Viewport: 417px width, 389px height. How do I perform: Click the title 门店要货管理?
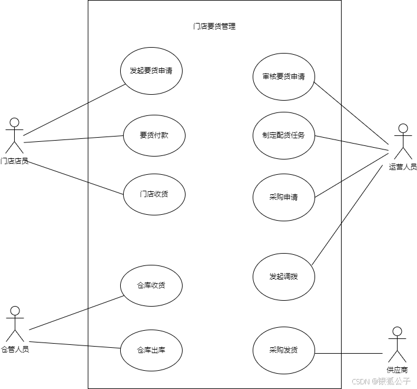pyautogui.click(x=214, y=26)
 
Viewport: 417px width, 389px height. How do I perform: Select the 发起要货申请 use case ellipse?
pyautogui.click(x=151, y=71)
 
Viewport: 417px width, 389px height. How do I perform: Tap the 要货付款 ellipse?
pyautogui.click(x=154, y=135)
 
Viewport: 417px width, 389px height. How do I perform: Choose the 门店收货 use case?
pyautogui.click(x=154, y=194)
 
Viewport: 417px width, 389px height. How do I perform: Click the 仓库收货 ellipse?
pyautogui.click(x=151, y=286)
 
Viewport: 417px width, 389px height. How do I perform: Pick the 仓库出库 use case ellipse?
pyautogui.click(x=151, y=350)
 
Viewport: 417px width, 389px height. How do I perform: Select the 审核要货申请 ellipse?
pyautogui.click(x=284, y=77)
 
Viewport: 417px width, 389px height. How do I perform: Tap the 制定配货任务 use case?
pyautogui.click(x=284, y=135)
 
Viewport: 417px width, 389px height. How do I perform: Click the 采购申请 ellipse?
pyautogui.click(x=284, y=197)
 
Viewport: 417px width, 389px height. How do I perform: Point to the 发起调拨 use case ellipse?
pyautogui.click(x=284, y=277)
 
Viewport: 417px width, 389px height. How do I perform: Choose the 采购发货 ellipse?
pyautogui.click(x=284, y=350)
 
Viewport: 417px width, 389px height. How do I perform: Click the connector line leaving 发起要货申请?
pyautogui.click(x=107, y=94)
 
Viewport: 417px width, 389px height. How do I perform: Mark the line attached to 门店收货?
pyautogui.click(x=106, y=188)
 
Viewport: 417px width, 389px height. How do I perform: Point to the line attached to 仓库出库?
pyautogui.click(x=104, y=347)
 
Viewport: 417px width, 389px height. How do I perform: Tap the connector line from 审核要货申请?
pyautogui.click(x=327, y=93)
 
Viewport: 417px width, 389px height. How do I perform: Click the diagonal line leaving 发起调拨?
pyautogui.click(x=327, y=244)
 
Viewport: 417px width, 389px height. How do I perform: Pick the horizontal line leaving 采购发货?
pyautogui.click(x=328, y=353)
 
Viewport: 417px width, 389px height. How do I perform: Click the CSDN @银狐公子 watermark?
pyautogui.click(x=380, y=380)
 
